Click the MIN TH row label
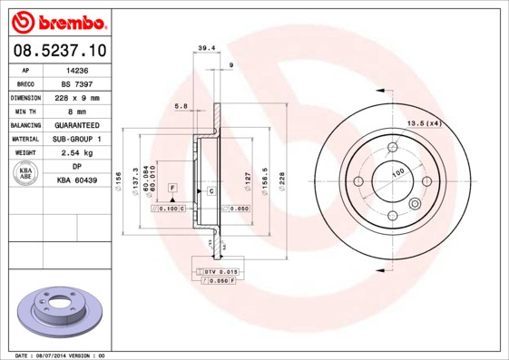25,111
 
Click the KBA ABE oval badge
25,174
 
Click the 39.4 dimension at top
205,48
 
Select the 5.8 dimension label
181,107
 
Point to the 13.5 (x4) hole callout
423,122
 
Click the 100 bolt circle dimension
396,171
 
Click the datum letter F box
171,187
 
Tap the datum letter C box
210,191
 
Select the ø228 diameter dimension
281,178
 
